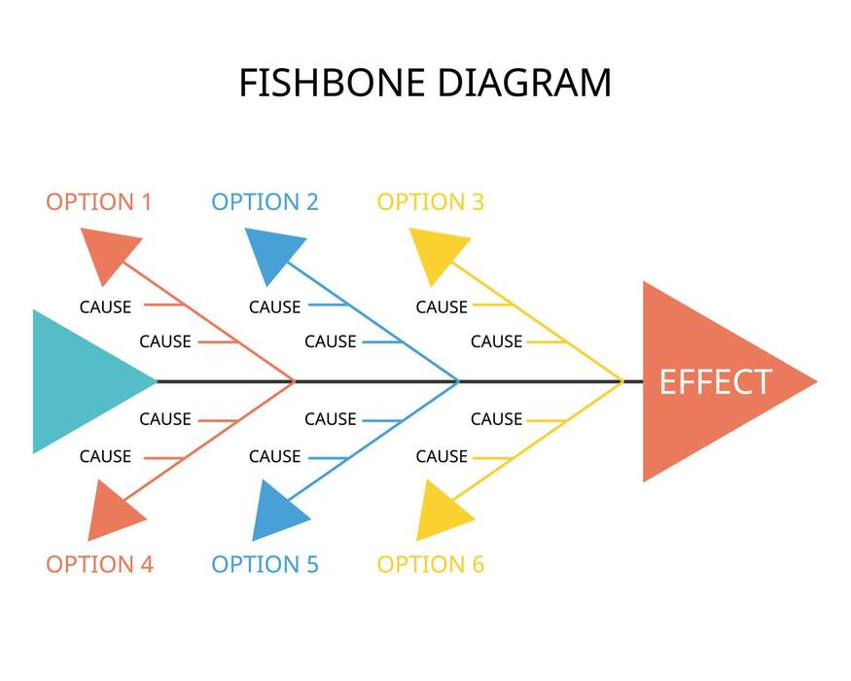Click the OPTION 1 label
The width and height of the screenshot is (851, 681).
[x=99, y=202]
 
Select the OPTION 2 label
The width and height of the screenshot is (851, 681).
[x=265, y=202]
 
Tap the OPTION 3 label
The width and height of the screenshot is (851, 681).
[x=430, y=202]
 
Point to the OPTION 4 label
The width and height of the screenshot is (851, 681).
[x=99, y=564]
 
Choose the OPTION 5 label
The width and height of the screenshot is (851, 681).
[x=265, y=564]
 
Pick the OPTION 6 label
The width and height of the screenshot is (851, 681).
[x=430, y=564]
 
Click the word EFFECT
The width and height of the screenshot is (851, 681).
[x=715, y=382]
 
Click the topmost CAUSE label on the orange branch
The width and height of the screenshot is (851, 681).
[x=105, y=306]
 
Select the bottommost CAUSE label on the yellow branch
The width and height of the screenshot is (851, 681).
[x=442, y=456]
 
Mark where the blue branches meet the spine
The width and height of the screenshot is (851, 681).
[x=458, y=381]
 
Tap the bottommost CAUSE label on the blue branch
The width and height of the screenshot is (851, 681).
[x=274, y=456]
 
